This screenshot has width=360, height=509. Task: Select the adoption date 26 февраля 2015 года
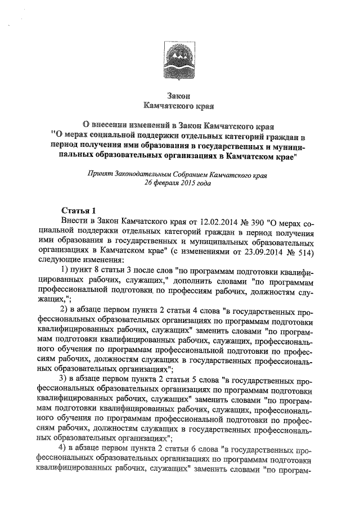click(178, 183)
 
